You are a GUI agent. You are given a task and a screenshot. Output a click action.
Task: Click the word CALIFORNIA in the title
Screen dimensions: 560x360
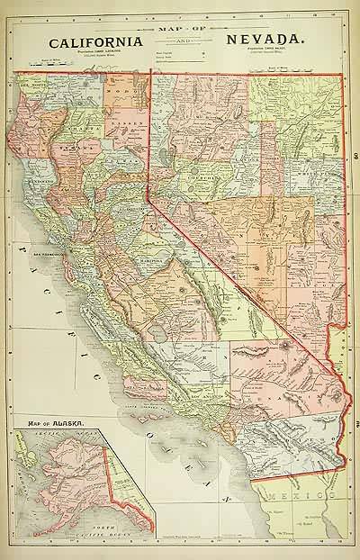(94, 42)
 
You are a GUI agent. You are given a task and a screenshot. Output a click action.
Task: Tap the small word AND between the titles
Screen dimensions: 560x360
(180, 41)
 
